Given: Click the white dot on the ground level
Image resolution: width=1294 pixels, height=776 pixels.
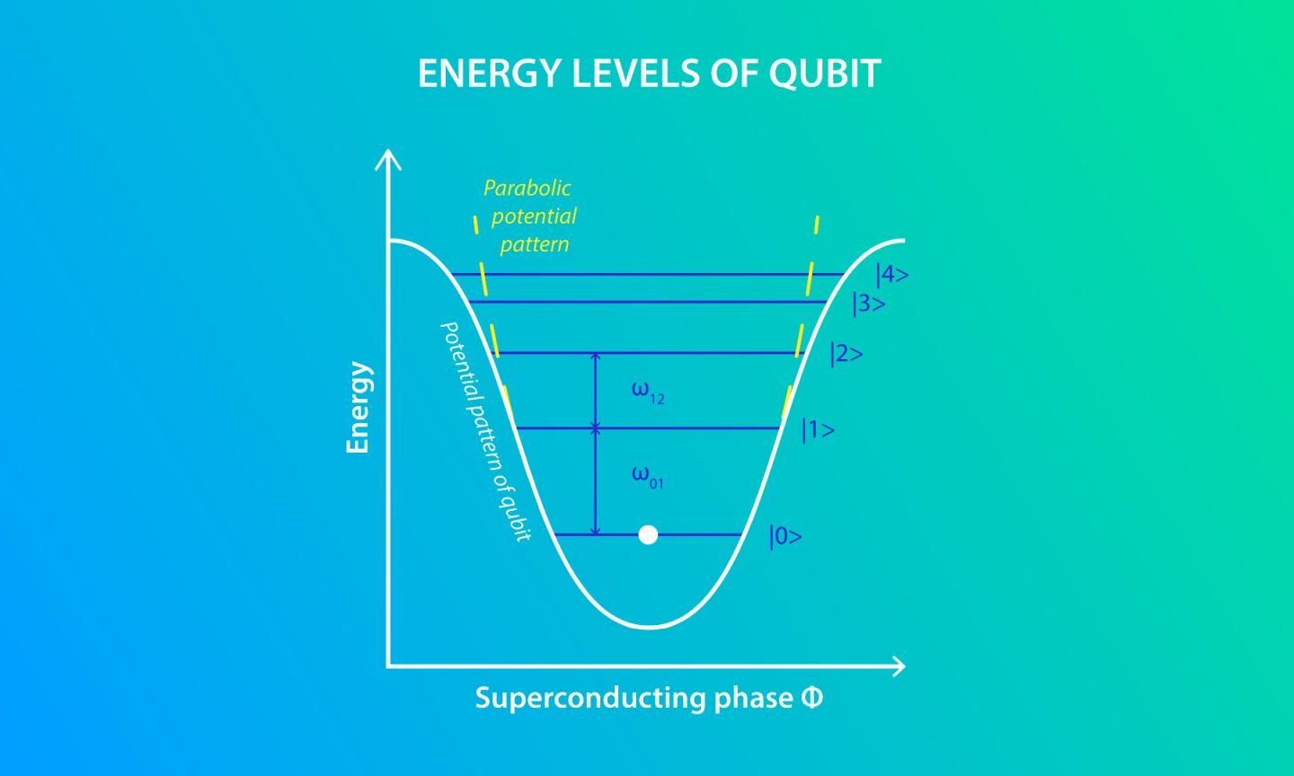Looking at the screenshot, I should [x=648, y=535].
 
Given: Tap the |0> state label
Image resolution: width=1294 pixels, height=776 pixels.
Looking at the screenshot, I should [x=785, y=537].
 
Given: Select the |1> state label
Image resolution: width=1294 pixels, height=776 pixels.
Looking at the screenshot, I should [x=818, y=430].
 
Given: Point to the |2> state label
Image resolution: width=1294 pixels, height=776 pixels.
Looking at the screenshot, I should [x=846, y=354].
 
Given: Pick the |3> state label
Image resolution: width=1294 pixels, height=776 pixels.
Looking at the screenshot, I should [x=869, y=304].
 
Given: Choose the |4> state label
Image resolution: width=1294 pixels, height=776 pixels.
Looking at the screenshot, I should [x=892, y=274].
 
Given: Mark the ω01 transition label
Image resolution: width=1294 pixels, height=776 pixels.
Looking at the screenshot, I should [x=647, y=476].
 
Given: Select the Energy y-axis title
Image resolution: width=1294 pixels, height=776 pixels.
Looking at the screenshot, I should [x=359, y=408].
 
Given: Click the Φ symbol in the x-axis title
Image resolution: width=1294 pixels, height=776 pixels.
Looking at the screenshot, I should [x=811, y=697].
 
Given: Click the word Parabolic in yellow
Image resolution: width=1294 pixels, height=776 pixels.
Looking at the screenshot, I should [x=527, y=188].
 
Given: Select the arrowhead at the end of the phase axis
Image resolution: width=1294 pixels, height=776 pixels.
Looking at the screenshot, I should [x=898, y=666].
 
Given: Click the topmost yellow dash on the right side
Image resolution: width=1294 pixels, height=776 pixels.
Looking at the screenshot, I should [x=816, y=225].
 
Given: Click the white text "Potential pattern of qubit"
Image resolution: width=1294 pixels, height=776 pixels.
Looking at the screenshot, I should [x=484, y=431].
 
